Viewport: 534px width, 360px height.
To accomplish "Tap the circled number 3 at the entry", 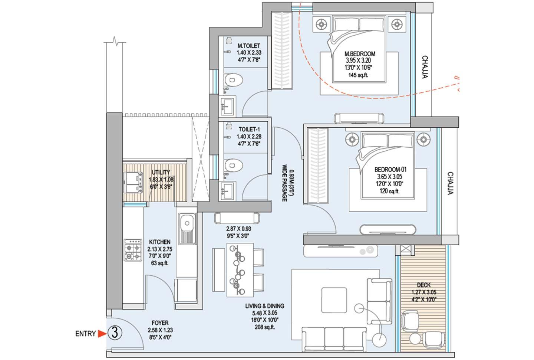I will pyautogui.click(x=115, y=333).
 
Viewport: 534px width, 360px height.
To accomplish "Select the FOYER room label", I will pyautogui.click(x=160, y=323).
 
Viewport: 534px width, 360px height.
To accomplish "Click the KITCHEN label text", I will pyautogui.click(x=159, y=242).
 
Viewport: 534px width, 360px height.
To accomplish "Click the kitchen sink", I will pyautogui.click(x=186, y=223).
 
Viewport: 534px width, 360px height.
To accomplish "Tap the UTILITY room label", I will pyautogui.click(x=161, y=172).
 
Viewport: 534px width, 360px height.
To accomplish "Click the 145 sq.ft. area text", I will pyautogui.click(x=358, y=75).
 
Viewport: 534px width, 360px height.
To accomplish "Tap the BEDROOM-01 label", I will pyautogui.click(x=388, y=170).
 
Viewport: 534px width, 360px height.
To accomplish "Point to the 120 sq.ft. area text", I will pyautogui.click(x=388, y=191).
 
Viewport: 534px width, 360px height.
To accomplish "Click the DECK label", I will pyautogui.click(x=423, y=285).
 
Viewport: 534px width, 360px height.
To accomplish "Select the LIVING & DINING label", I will pyautogui.click(x=264, y=306).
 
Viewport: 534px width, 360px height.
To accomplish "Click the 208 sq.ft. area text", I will pyautogui.click(x=264, y=327).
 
